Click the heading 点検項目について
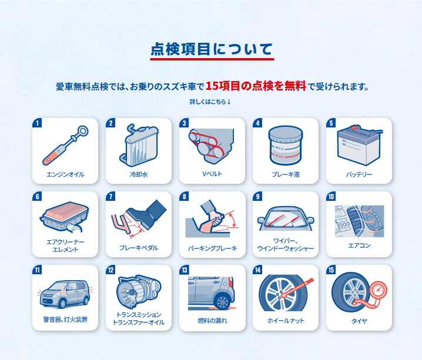[x=212, y=49]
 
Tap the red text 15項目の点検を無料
[x=256, y=86]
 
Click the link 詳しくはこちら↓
[x=210, y=102]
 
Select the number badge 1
[x=37, y=123]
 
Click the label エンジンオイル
[x=65, y=174]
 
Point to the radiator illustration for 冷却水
[x=139, y=145]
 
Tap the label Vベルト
[x=212, y=174]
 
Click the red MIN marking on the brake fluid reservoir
[x=279, y=156]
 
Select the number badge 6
[x=37, y=196]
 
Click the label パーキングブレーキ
[x=212, y=248]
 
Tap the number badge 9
[x=257, y=196]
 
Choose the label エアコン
[x=359, y=245]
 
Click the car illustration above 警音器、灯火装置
[x=65, y=294]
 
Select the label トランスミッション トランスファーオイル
[x=139, y=318]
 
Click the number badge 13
[x=185, y=270]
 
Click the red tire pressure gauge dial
[x=378, y=290]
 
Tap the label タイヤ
[x=359, y=321]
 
